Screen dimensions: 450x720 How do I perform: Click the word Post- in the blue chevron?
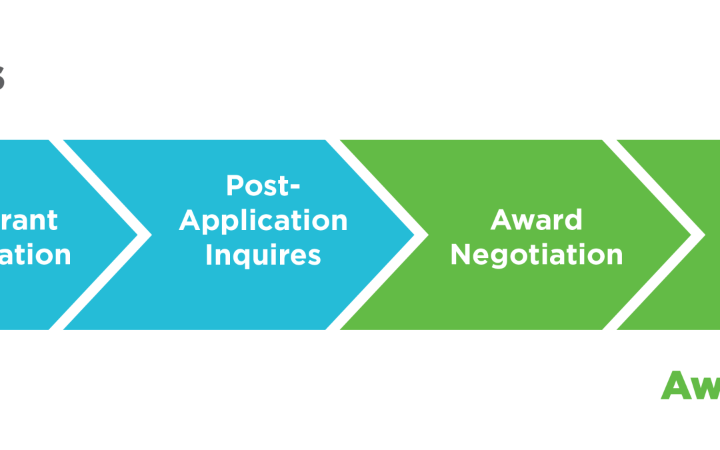coord(263,186)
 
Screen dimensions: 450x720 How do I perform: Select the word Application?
coord(263,221)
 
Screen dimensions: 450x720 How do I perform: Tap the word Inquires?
coord(263,255)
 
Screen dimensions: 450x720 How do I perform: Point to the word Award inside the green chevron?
coord(536,220)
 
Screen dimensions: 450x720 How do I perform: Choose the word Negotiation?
coord(536,255)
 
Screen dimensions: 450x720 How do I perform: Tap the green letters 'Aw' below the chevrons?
coord(689,386)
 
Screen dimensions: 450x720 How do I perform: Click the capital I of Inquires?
coord(209,255)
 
